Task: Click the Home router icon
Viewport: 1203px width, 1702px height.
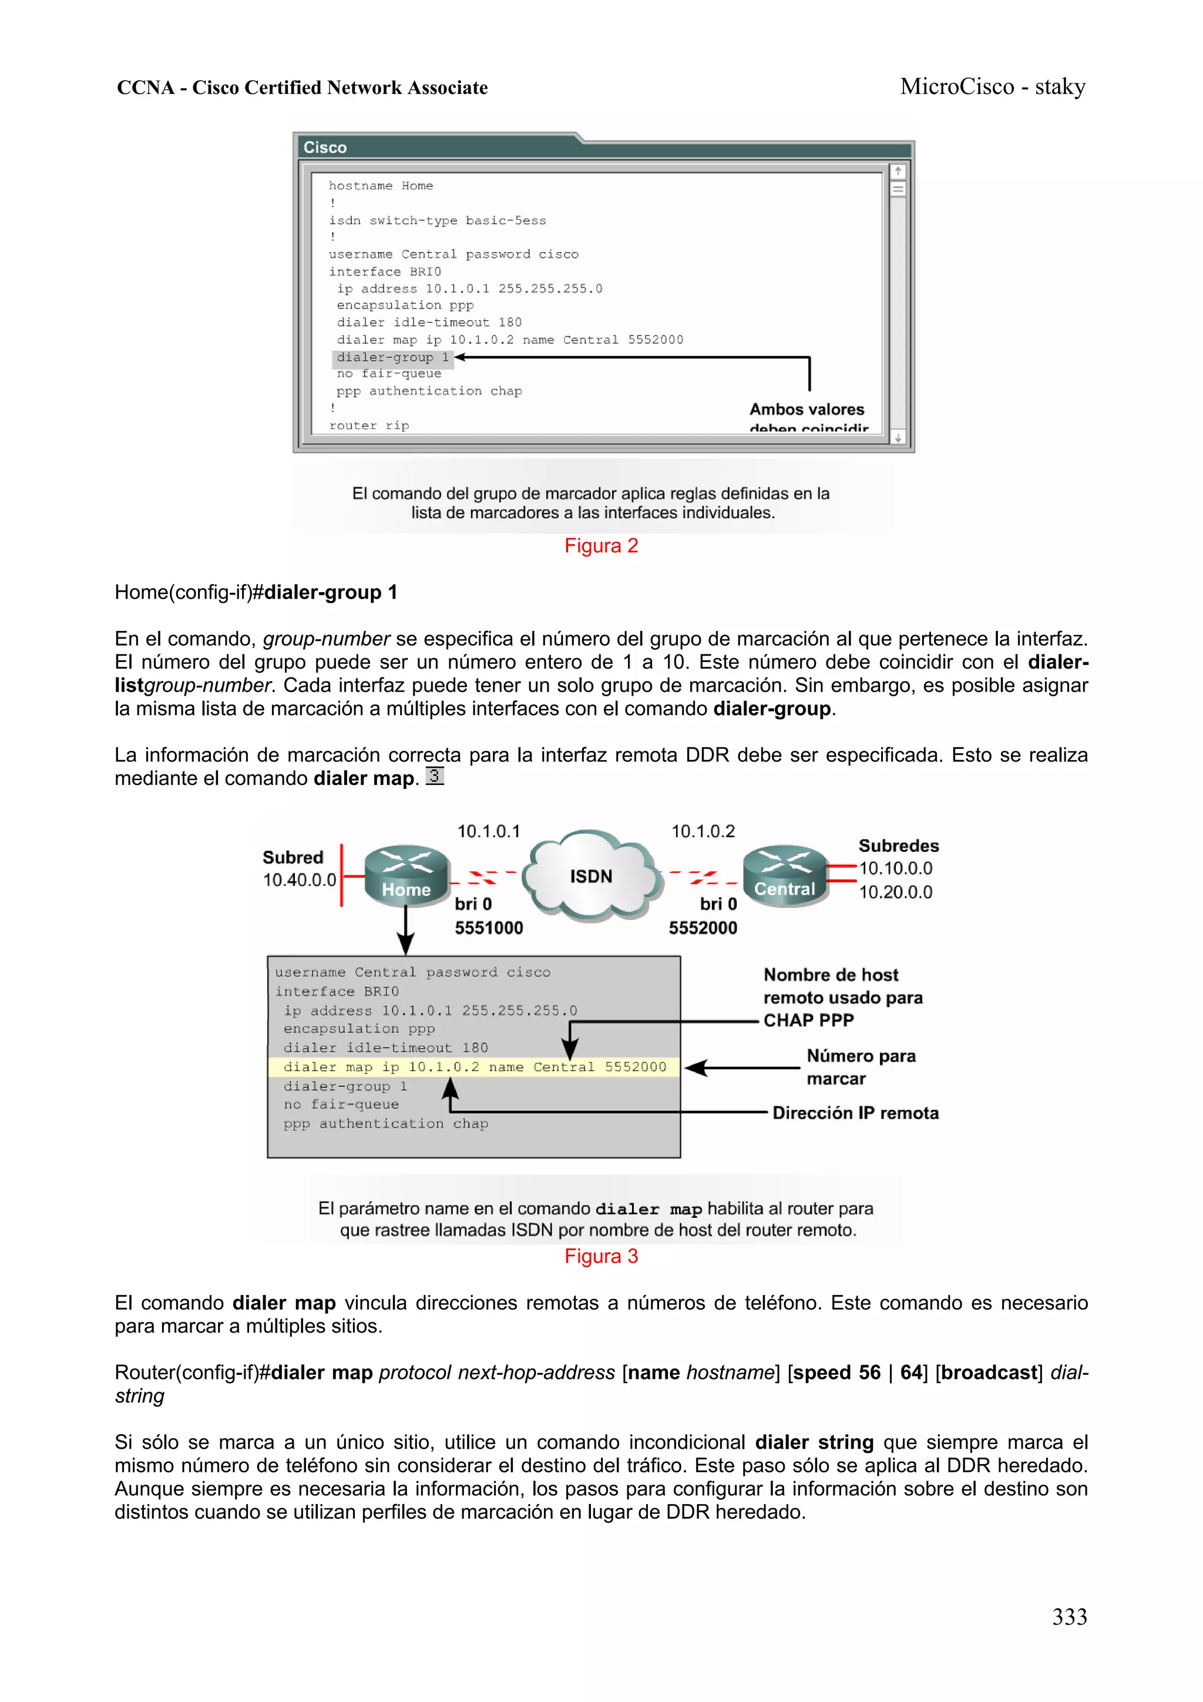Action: coord(406,875)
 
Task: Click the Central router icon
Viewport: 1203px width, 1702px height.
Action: coord(784,875)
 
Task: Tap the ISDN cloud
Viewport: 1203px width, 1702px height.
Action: coord(591,875)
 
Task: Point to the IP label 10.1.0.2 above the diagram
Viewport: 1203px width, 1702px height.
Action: coord(703,831)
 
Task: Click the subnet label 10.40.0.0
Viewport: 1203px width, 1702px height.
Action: coord(300,880)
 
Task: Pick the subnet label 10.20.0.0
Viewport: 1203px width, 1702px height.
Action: coord(895,892)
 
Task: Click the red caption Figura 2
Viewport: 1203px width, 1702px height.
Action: coord(601,546)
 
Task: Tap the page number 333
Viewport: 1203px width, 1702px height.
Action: coord(1069,1616)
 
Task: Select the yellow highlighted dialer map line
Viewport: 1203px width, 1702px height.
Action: coord(475,1067)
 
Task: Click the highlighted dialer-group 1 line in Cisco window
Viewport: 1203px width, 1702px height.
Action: coord(392,357)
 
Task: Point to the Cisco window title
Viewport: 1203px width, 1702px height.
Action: coord(325,147)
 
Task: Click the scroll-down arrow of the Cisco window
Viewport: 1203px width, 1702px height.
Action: coord(898,438)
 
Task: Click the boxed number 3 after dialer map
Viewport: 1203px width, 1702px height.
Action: coord(434,776)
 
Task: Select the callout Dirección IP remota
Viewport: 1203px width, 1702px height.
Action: coord(855,1113)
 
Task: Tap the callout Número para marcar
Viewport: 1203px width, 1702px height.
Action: coord(860,1067)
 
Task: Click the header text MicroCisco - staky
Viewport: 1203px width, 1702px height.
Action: coord(993,87)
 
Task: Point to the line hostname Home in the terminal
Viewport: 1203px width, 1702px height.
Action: coord(381,185)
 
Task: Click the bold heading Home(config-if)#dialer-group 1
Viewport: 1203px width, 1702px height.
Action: coord(256,592)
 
